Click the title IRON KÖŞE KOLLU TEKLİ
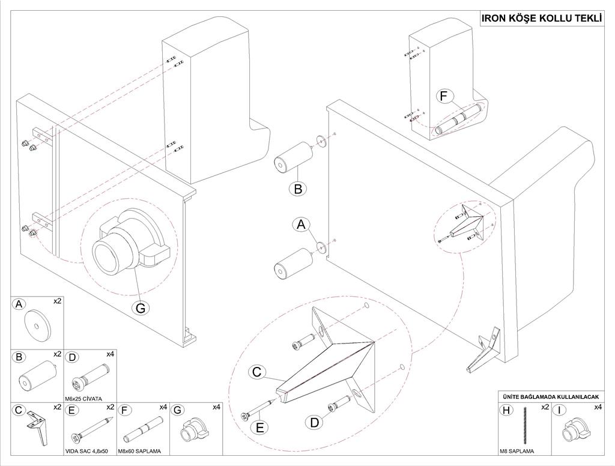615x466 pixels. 542,19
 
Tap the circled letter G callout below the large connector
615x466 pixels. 141,307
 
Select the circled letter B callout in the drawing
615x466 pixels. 298,188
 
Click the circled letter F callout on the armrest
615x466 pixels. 444,96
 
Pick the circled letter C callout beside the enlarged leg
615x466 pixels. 257,372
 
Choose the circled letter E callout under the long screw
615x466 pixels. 259,428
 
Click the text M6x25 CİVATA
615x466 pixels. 83,398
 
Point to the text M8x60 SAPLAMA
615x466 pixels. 142,450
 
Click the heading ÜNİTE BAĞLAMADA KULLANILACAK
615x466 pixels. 551,397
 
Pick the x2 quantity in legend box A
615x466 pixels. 58,301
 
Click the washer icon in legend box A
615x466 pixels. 37,325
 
